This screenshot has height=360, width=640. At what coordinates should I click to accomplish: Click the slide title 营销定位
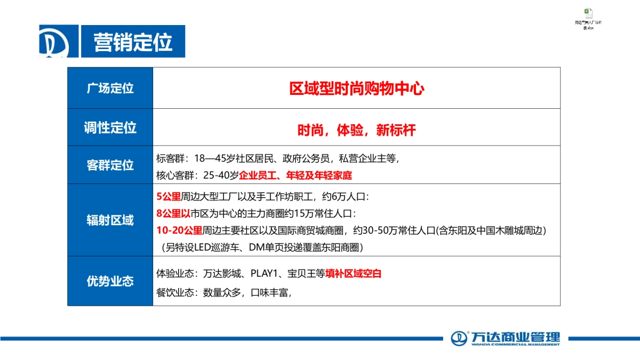point(133,42)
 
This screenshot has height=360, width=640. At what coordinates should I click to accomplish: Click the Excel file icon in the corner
point(588,13)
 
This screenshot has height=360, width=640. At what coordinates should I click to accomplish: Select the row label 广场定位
point(110,89)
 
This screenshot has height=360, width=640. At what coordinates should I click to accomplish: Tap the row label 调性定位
point(110,127)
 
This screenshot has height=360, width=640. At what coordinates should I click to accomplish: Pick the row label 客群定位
point(110,165)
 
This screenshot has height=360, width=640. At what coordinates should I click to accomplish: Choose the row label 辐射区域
point(110,220)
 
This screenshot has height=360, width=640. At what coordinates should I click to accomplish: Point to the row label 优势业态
point(110,281)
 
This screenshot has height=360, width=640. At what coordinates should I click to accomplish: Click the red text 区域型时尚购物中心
point(356,89)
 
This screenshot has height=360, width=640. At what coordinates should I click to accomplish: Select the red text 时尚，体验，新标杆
point(356,130)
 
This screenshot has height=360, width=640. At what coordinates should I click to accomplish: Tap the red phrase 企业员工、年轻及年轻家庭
point(295,175)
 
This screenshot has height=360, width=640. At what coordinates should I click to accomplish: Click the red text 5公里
point(169,197)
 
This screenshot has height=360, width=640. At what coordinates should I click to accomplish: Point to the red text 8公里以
point(173,214)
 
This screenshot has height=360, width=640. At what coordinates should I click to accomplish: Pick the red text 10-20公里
point(179,230)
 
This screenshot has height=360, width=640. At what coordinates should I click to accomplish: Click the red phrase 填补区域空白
point(353,274)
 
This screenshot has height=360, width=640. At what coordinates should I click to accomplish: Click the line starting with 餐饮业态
point(224,292)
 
